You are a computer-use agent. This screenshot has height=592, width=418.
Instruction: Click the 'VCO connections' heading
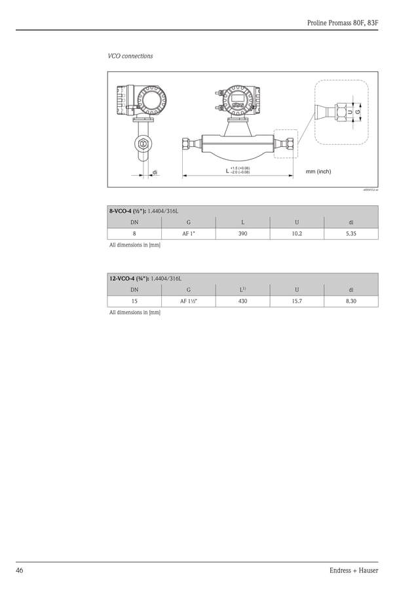(130, 56)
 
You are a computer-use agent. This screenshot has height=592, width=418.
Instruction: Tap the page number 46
(20, 570)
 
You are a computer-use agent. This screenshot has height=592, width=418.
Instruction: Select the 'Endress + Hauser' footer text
(354, 570)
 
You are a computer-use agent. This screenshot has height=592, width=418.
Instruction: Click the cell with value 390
(242, 234)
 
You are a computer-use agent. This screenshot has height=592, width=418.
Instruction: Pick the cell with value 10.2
(297, 234)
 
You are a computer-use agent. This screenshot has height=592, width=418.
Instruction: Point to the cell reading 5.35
(351, 234)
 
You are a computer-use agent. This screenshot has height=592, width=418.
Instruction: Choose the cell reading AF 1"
(189, 234)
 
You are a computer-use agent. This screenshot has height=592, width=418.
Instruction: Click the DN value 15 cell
(134, 301)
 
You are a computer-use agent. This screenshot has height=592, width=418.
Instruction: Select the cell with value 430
(242, 301)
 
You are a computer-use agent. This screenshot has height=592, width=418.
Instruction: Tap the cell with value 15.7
(297, 301)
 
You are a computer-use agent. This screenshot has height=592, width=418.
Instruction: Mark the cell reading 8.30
(351, 301)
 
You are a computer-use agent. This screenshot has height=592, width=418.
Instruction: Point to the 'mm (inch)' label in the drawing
(318, 172)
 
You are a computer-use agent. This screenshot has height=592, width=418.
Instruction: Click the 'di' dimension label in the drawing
(155, 172)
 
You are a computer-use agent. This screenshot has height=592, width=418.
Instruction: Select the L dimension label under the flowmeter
(227, 171)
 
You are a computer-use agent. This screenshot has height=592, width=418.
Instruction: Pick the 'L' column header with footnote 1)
(242, 289)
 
